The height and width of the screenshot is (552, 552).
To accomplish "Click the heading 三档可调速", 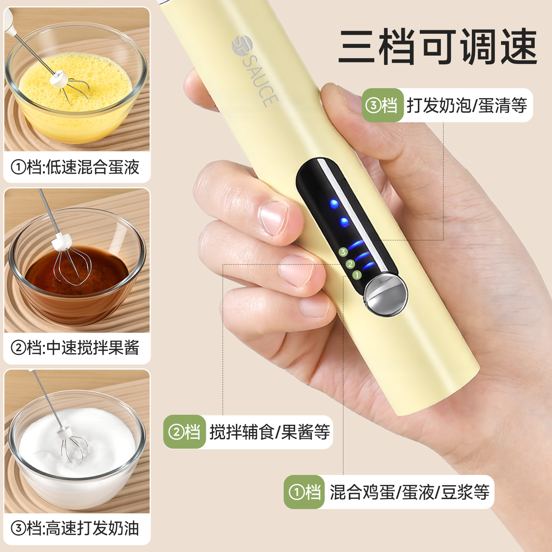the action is (x=437, y=46).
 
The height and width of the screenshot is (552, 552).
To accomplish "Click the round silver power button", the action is (x=386, y=295).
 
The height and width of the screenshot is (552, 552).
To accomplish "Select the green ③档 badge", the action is (x=383, y=105).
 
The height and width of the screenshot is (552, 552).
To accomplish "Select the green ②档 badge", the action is (x=184, y=432).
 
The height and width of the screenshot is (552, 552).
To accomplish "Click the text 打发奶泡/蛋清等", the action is (x=467, y=105).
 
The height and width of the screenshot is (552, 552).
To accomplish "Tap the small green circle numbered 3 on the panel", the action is (x=343, y=252).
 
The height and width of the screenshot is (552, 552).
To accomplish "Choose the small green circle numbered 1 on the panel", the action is (x=357, y=275).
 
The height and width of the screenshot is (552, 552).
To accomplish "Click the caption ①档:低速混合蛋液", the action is (x=75, y=167).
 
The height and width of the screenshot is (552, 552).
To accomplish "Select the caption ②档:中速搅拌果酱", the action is (x=75, y=348).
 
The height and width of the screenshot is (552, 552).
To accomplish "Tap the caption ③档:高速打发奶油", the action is (x=75, y=529).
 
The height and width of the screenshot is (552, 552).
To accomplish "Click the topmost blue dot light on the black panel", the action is (x=334, y=204).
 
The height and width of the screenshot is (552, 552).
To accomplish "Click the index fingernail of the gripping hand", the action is (x=273, y=218).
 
